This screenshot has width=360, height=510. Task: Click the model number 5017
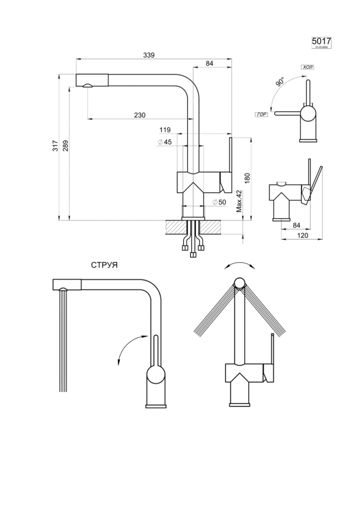(321, 41)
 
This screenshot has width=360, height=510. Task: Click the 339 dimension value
(148, 55)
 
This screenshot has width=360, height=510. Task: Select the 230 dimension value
(140, 115)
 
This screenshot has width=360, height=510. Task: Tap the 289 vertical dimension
(65, 147)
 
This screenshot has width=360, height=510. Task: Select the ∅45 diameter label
(164, 142)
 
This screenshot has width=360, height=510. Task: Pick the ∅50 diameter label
(219, 202)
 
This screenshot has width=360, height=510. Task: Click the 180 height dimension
(247, 178)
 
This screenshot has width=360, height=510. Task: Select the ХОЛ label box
(308, 67)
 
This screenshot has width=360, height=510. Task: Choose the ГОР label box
(262, 114)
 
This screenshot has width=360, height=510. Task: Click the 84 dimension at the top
(209, 63)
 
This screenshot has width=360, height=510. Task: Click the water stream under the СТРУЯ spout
(63, 342)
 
